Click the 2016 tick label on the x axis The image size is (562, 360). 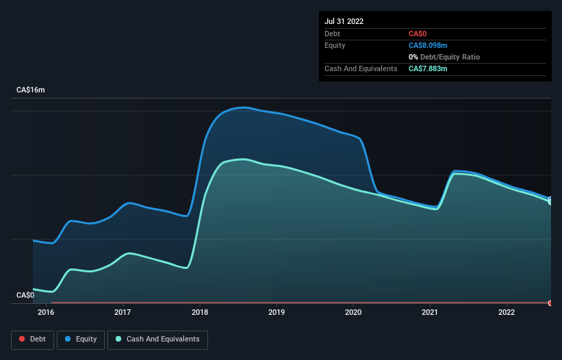[x=46, y=313]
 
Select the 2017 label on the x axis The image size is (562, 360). [x=123, y=313]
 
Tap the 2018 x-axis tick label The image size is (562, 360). [x=199, y=313]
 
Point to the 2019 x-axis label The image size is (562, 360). [x=276, y=313]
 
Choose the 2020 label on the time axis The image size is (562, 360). [x=353, y=313]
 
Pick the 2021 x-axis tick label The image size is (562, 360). [x=430, y=313]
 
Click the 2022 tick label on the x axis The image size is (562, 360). [x=507, y=313]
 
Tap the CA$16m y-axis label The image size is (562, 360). [x=30, y=90]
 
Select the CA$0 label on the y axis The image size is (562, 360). [x=25, y=295]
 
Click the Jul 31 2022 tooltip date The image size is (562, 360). [x=344, y=21]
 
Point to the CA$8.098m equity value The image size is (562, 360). [x=427, y=45]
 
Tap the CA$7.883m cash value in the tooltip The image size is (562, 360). [x=428, y=68]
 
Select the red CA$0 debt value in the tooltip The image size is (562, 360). [x=418, y=34]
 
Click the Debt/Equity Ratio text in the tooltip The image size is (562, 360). [x=448, y=57]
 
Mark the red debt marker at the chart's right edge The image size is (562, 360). [x=550, y=303]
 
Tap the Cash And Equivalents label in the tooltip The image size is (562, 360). [x=361, y=68]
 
